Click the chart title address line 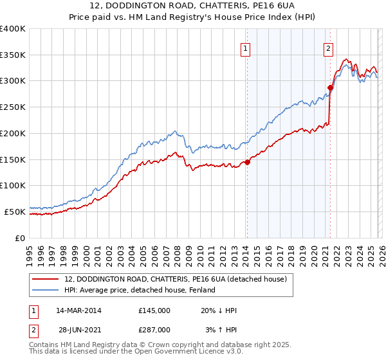tap(193, 6)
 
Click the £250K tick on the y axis tap(13, 107)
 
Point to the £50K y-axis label tap(14, 211)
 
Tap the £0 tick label tap(19, 237)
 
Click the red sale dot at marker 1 tap(247, 162)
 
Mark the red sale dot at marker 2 tap(330, 88)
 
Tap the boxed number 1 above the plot tap(246, 47)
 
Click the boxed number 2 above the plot tap(328, 47)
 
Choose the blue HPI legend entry tap(144, 291)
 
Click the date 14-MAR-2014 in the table tap(78, 310)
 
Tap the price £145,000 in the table tap(154, 310)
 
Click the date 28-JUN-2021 tap(78, 329)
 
